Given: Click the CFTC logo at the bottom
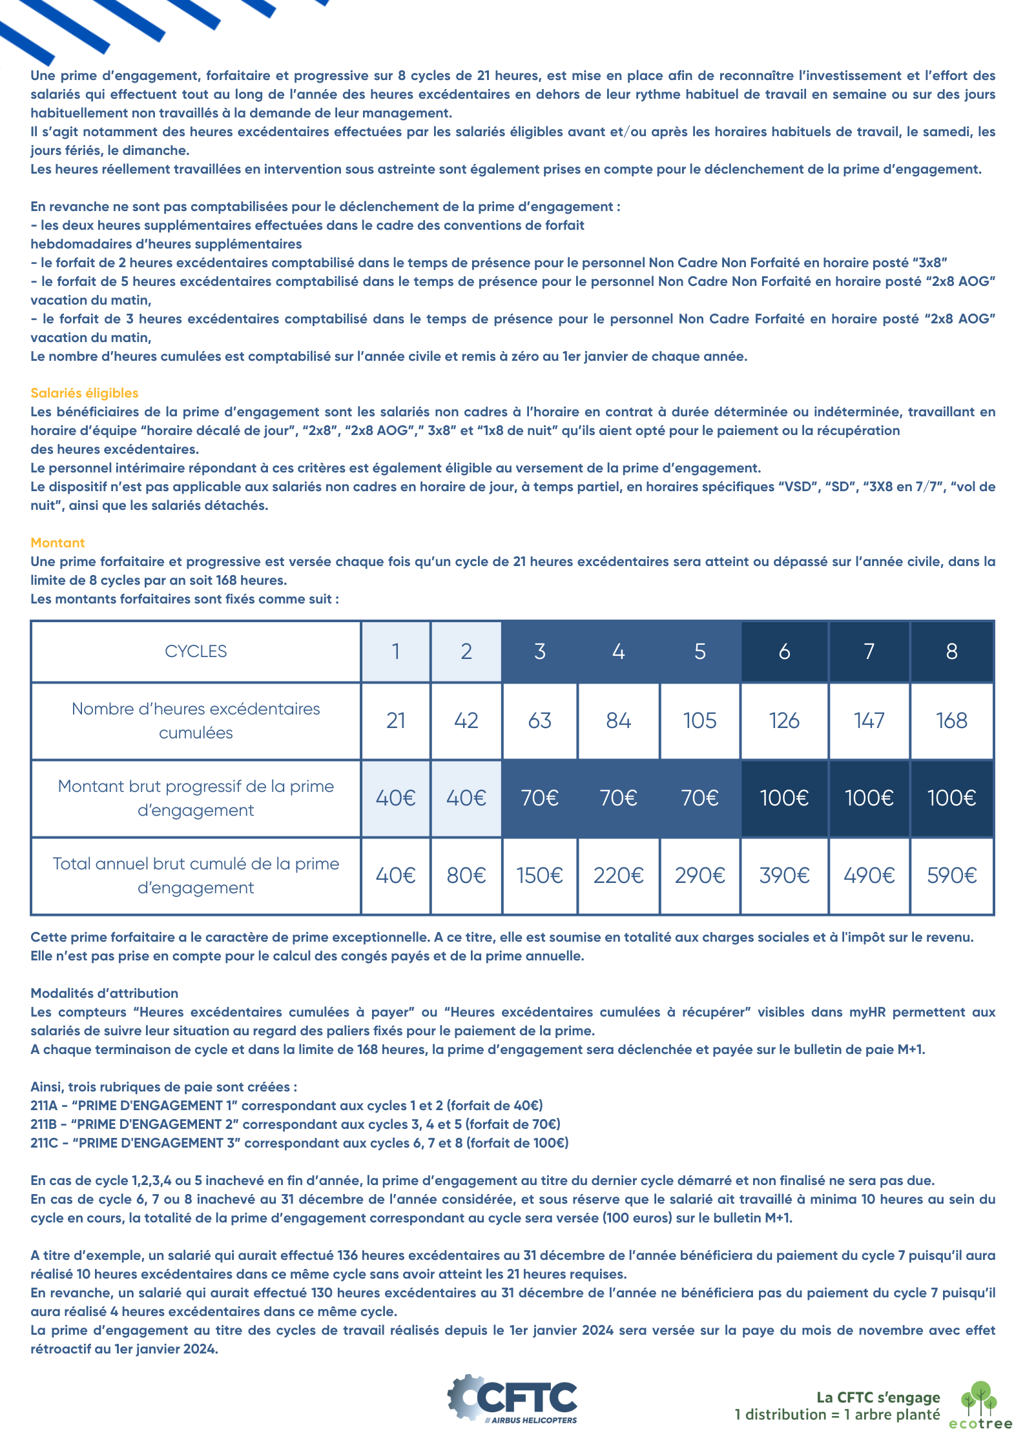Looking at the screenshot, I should pos(513,1398).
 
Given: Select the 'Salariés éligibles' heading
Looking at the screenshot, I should pos(85,393).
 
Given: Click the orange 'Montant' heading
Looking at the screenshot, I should pos(57,543).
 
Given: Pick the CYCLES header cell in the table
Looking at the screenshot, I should pos(196,651).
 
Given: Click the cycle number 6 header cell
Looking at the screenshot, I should pos(784,651).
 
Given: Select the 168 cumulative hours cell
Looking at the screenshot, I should pos(951,720).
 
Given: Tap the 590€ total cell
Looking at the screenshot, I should pos(951,875).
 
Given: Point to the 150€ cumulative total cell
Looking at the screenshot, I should pos(539,875).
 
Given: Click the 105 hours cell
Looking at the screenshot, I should pos(699,720).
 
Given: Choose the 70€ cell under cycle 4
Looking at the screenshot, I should pos(618,798).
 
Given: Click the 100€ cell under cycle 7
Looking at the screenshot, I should pos(869,798).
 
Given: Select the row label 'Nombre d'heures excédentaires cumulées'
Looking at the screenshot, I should pos(196,720).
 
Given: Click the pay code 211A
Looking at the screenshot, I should pos(44,1106).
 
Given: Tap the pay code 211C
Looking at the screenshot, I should pos(45,1143).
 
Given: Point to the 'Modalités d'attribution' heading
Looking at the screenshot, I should pos(105,993).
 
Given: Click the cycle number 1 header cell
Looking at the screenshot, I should pos(395,651).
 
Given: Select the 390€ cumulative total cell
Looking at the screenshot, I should pos(784,875).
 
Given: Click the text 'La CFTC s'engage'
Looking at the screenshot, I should pos(878,1397).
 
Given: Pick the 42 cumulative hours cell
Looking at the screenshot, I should pos(466,720).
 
